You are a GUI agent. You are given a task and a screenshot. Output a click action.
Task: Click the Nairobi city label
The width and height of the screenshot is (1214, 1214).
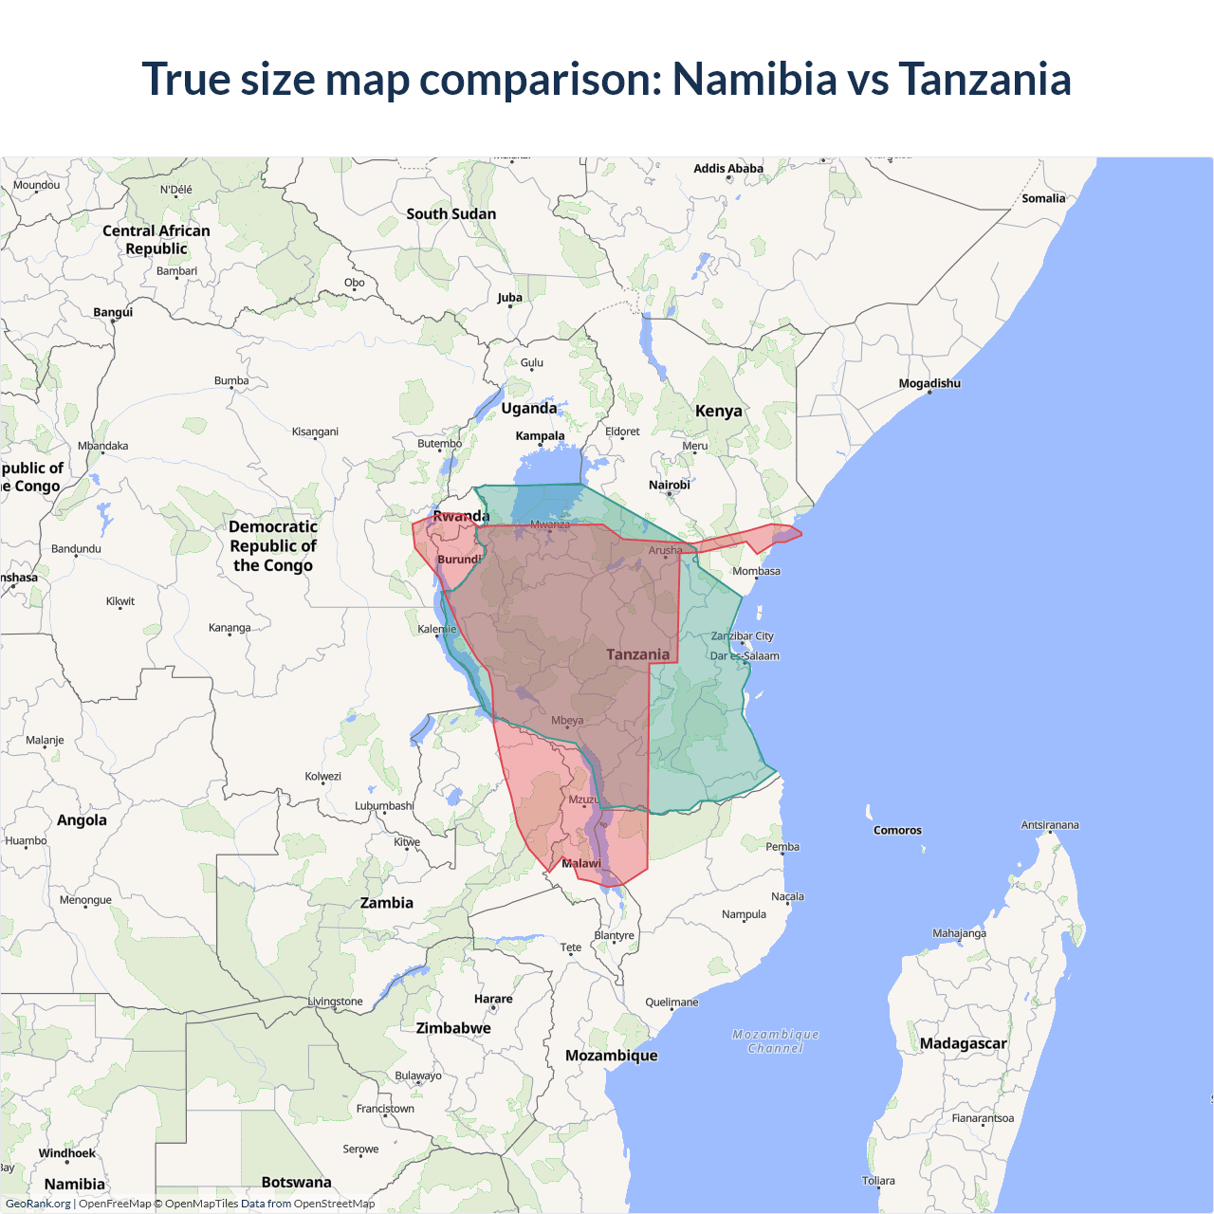[x=669, y=485]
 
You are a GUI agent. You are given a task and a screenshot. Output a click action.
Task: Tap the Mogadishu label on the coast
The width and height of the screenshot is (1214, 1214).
[x=929, y=383]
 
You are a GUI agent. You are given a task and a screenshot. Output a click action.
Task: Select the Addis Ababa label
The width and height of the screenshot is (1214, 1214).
[x=727, y=169]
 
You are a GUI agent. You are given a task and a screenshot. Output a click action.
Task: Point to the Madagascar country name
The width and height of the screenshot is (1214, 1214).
[x=963, y=1043]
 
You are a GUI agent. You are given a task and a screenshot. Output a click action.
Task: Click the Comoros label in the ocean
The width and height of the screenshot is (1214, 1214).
[x=897, y=830]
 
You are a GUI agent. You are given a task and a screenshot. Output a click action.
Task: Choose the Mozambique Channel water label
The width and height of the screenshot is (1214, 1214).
[x=775, y=1041]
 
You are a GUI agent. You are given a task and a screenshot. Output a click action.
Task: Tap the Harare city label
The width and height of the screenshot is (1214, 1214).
[x=493, y=999]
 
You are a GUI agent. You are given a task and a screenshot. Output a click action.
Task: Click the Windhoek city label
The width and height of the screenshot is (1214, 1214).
[x=66, y=1153]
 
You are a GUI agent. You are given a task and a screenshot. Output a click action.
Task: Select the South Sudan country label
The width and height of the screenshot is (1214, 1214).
[x=451, y=214]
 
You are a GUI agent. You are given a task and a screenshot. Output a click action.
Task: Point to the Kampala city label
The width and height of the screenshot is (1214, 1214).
[x=540, y=436]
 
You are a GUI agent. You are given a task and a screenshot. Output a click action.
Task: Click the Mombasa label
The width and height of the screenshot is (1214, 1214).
[x=756, y=571]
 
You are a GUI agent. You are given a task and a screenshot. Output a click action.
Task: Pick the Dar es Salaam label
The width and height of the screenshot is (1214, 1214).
[x=745, y=655]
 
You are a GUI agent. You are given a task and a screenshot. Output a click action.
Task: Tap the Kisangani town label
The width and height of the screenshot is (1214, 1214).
[x=315, y=432]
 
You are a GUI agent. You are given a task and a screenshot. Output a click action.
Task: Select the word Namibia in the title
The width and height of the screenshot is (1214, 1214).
[x=754, y=79]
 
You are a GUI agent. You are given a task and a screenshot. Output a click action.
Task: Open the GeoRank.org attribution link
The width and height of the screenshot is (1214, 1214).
[x=38, y=1204]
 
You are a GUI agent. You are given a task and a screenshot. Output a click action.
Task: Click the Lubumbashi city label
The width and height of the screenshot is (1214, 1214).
[x=384, y=806]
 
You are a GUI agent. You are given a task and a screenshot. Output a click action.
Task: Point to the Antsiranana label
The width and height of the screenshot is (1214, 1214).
[x=1049, y=825]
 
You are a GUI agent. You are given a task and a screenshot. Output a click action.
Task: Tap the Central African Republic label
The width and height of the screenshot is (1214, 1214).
[x=156, y=240]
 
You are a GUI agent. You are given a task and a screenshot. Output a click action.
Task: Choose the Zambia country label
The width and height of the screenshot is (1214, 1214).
[x=386, y=903]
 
